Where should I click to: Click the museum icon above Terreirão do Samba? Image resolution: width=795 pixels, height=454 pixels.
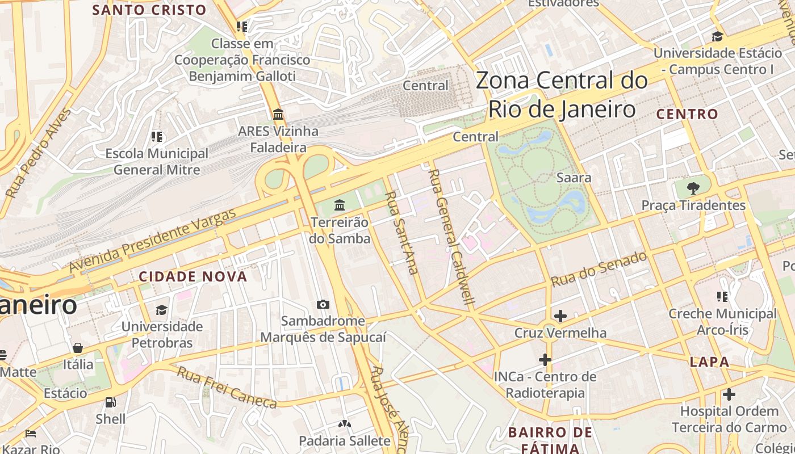340,204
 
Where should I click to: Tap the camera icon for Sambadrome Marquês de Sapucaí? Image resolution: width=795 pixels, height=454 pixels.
323,304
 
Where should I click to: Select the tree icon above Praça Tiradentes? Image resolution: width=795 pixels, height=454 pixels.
693,188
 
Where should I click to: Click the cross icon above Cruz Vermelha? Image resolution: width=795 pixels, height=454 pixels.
560,316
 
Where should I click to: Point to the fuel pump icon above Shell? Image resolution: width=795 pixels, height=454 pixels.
111,402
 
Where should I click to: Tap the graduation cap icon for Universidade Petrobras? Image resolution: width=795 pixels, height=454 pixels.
162,310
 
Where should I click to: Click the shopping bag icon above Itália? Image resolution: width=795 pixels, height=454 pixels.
78,347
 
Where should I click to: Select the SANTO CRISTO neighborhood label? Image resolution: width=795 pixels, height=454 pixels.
149,10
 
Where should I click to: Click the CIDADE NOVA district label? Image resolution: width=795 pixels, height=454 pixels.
193,277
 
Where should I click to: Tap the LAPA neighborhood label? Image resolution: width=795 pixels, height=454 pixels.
709,362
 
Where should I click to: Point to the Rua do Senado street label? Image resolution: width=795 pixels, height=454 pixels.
599,269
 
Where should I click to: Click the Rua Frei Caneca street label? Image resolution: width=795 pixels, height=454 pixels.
227,388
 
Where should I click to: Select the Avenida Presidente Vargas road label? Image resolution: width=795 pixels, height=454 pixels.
152,241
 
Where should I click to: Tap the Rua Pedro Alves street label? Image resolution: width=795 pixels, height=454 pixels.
39,153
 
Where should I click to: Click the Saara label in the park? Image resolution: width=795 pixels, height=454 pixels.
574,178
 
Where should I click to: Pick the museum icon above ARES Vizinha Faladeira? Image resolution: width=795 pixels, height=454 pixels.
278,115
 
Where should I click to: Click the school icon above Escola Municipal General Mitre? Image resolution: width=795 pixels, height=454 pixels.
157,136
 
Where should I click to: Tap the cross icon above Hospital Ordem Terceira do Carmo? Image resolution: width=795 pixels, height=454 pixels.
729,394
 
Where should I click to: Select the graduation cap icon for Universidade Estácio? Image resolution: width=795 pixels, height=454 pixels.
717,36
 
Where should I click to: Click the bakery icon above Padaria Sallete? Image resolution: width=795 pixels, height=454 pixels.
344,423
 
